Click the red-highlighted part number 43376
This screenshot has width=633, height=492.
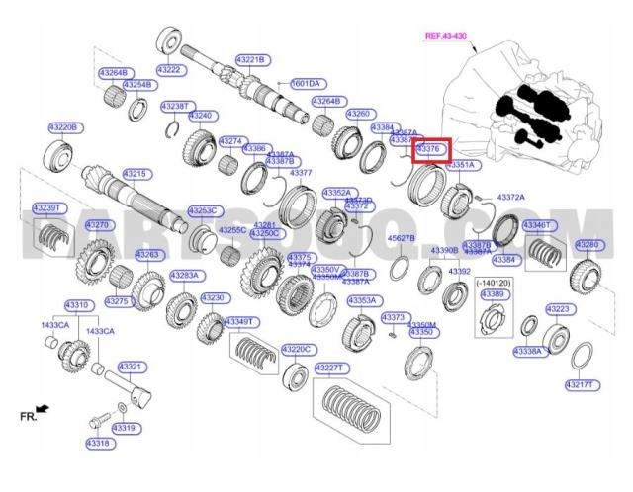[x=431, y=149]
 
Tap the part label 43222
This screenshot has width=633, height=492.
[x=169, y=69]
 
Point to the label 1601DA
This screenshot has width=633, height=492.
[x=303, y=84]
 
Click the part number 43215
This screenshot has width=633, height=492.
[x=136, y=174]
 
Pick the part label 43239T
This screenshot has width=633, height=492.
[x=47, y=207]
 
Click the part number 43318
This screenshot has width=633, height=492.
[x=98, y=443]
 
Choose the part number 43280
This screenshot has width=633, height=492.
[x=587, y=244]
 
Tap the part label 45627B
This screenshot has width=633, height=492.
[x=402, y=238]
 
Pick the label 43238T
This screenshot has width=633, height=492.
[x=175, y=105]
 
